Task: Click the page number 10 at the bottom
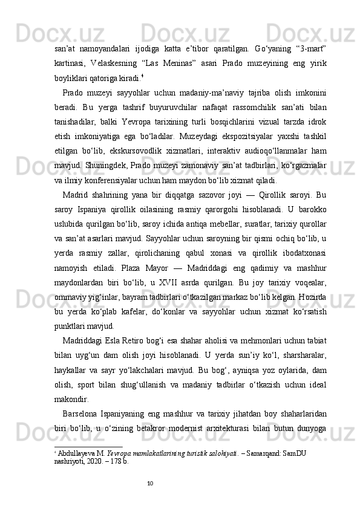click(x=151, y=482)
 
